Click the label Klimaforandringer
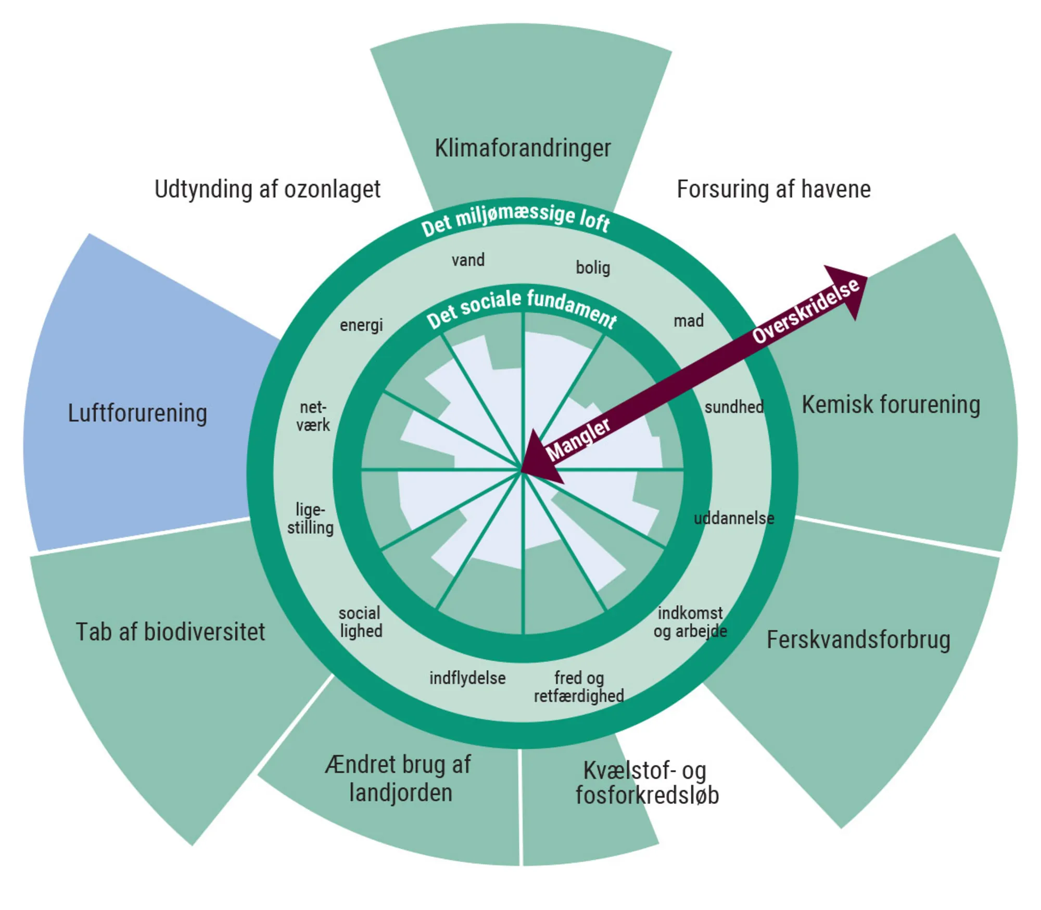point(522,148)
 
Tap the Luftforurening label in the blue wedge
point(137,413)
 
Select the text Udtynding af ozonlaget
point(267,189)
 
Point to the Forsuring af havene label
point(773,189)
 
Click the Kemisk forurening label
point(891,405)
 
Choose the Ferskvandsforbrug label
point(858,640)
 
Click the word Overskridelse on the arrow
point(806,311)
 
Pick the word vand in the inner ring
point(468,260)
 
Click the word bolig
point(593,267)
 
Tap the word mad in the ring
point(689,321)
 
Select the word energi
point(361,325)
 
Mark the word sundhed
point(734,407)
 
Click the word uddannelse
point(734,518)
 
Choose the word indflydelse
point(467,678)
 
